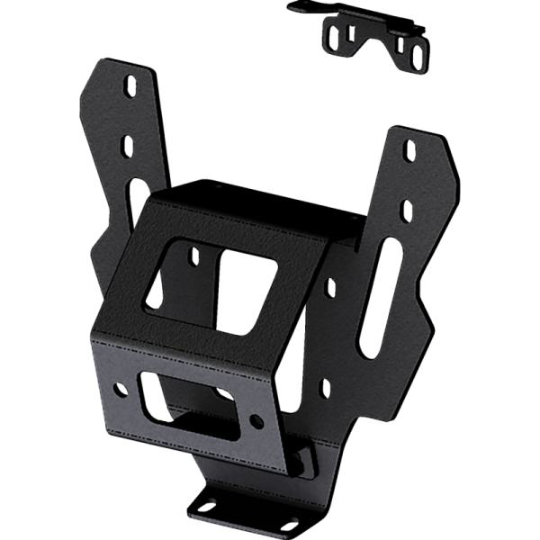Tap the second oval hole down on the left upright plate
click(129, 144)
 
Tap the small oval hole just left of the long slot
click(329, 288)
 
